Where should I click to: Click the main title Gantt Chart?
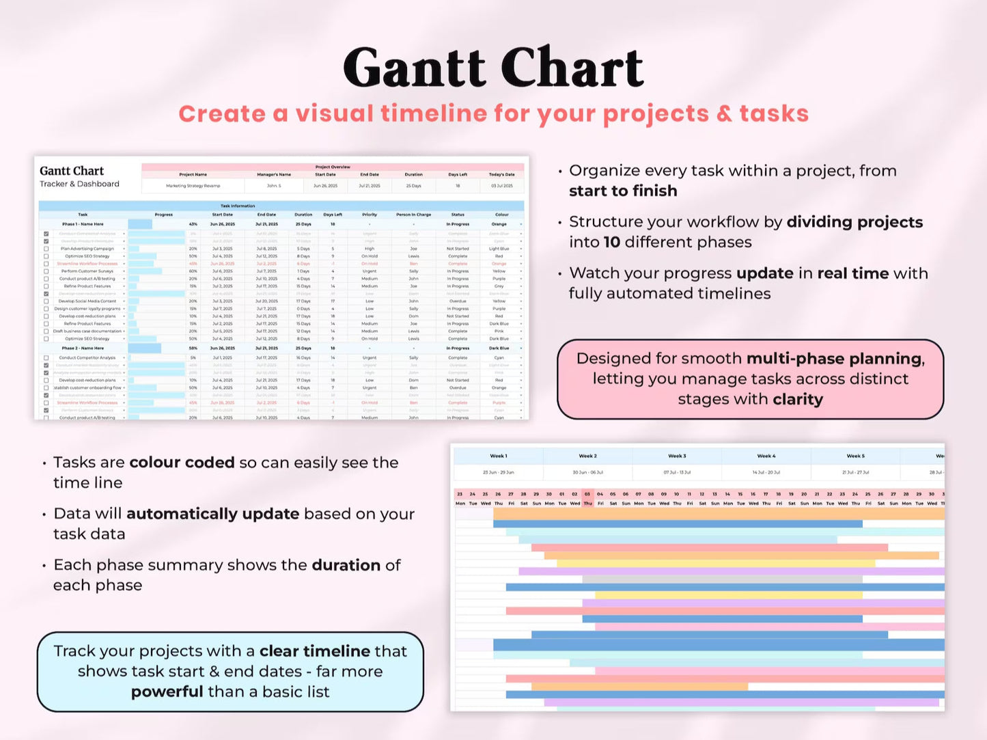[x=493, y=68]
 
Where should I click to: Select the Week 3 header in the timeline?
[x=676, y=456]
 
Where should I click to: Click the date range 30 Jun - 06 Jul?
[x=587, y=472]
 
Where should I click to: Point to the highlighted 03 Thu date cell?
[x=587, y=499]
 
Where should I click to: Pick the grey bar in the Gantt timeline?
[x=722, y=579]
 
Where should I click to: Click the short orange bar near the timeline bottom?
[x=639, y=686]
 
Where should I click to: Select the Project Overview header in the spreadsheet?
[x=333, y=167]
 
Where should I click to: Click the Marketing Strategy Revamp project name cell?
[x=193, y=186]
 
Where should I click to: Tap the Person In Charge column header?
[x=413, y=215]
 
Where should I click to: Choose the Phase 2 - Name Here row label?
[x=83, y=348]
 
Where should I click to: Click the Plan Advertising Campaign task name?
[x=87, y=249]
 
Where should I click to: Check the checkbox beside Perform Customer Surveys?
[x=46, y=271]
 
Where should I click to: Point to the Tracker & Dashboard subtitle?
[x=79, y=184]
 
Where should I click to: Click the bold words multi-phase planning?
[x=835, y=359]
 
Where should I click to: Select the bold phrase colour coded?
[x=182, y=463]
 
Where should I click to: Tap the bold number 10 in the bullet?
[x=611, y=243]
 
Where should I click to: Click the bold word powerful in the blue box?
[x=167, y=692]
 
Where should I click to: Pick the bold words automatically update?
[x=212, y=514]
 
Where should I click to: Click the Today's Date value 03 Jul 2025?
[x=502, y=186]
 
